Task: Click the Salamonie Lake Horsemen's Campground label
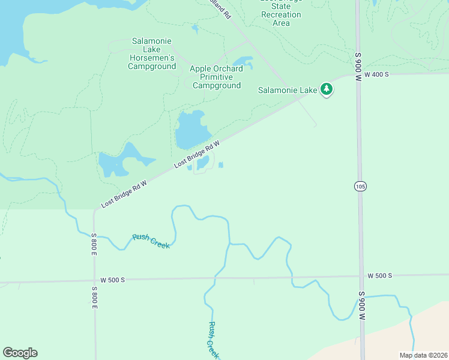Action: tap(151, 53)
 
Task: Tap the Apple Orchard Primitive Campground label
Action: tap(217, 77)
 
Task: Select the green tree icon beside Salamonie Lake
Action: tap(326, 90)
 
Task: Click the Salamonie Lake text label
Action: tap(288, 91)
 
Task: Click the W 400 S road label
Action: tap(376, 74)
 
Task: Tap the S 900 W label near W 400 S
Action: tap(358, 62)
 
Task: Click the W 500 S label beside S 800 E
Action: tap(112, 280)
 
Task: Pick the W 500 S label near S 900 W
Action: tap(379, 275)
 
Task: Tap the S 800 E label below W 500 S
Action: tap(94, 298)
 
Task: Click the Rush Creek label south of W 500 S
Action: tap(212, 340)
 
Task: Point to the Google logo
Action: tap(20, 353)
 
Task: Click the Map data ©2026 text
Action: tap(423, 355)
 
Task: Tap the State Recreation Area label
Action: tap(281, 14)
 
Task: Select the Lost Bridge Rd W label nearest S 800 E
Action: tap(124, 195)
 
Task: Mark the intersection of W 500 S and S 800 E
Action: tap(94, 280)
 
